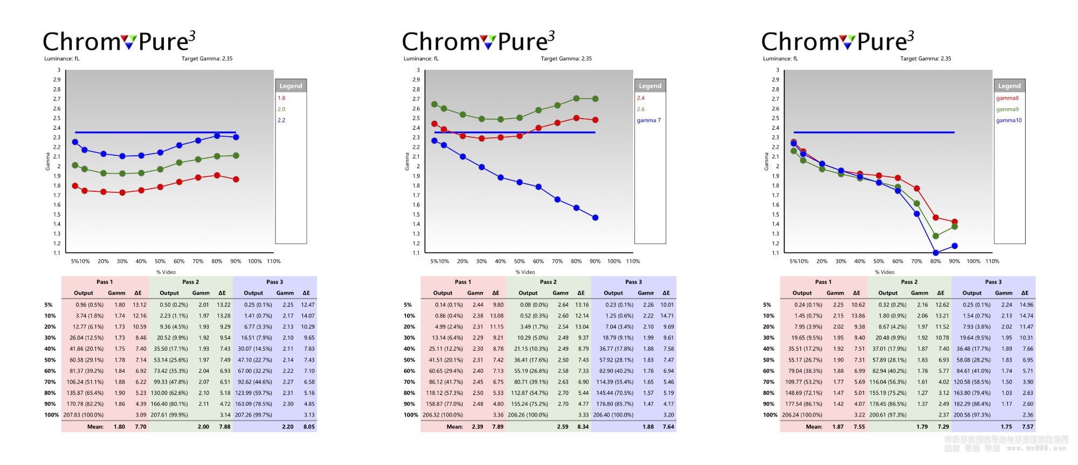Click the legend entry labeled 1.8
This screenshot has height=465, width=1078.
pyautogui.click(x=281, y=98)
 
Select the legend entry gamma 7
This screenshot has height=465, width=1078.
pyautogui.click(x=648, y=120)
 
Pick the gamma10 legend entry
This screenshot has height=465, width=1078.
pyautogui.click(x=1008, y=120)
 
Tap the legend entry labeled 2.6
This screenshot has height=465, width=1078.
pyautogui.click(x=640, y=109)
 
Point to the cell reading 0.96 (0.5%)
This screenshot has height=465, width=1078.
pyautogui.click(x=89, y=305)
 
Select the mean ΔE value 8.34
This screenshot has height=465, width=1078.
pyautogui.click(x=583, y=427)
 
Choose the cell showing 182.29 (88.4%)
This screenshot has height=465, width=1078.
pyautogui.click(x=972, y=404)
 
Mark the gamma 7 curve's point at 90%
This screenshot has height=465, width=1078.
pyautogui.click(x=595, y=218)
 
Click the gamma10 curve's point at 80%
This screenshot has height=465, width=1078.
pyautogui.click(x=936, y=253)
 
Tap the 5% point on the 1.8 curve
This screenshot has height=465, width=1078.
pyautogui.click(x=75, y=186)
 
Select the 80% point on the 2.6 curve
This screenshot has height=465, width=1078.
pyautogui.click(x=576, y=99)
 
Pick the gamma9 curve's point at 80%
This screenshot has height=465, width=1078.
pyautogui.click(x=936, y=236)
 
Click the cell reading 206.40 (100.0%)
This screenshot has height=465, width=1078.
pyautogui.click(x=613, y=415)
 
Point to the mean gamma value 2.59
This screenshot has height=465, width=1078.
pyautogui.click(x=563, y=427)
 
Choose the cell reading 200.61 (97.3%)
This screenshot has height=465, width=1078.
pyautogui.click(x=888, y=415)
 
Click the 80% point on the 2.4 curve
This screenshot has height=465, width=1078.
pyautogui.click(x=576, y=118)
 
